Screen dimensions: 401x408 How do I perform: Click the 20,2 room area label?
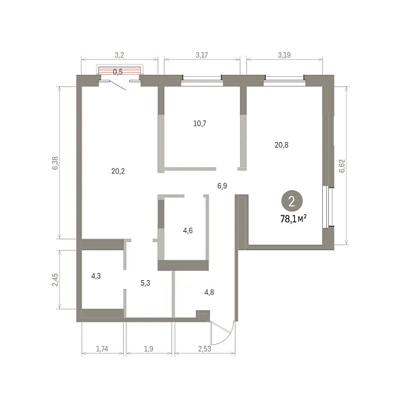coord(118,171)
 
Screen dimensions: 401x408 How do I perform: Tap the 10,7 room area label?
coord(200,123)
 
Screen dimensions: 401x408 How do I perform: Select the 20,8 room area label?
coord(281,145)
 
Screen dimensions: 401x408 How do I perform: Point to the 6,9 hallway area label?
coord(222,186)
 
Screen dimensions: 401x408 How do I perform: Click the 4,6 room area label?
coord(188,231)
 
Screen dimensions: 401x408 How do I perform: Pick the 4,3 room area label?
coord(96,276)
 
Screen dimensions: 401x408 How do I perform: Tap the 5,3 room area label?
coord(145,283)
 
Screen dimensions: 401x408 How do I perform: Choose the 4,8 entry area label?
coord(209,292)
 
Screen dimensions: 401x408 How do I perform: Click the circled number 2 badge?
coord(292,201)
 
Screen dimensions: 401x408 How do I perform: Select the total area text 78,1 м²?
coord(294,219)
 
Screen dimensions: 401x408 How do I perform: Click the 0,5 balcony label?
coord(118,72)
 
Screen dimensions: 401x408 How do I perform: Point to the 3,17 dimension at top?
coord(202,55)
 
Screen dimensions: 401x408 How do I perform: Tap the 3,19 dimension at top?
coord(284,55)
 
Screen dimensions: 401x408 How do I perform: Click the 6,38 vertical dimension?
coord(55,163)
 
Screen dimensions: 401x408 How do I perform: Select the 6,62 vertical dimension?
coord(342,166)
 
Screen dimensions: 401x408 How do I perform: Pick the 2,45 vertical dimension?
coord(55,279)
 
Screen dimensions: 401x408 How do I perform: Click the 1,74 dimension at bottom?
coord(102,349)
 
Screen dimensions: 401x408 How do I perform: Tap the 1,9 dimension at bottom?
coord(149,349)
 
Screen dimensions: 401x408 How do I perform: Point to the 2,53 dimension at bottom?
coord(205,349)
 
